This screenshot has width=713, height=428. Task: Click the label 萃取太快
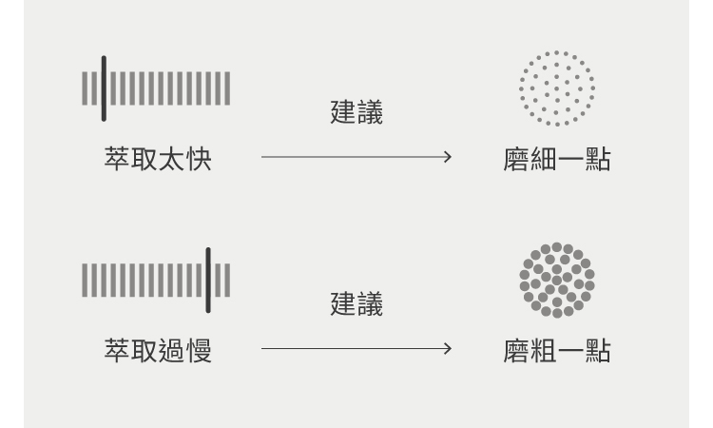(158, 159)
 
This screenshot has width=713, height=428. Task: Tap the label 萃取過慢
(158, 350)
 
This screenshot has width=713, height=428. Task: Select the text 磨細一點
(556, 159)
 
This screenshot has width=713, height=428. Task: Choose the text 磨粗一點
(556, 350)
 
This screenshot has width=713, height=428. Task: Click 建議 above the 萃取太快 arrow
(356, 114)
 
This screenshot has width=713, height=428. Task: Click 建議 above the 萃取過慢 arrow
(356, 305)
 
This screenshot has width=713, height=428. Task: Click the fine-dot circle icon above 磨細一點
(557, 88)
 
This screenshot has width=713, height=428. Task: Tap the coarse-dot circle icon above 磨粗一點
(557, 280)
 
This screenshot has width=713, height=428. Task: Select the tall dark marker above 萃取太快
(104, 88)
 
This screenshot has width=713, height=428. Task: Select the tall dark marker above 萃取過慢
(208, 280)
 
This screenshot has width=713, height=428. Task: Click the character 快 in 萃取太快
(199, 159)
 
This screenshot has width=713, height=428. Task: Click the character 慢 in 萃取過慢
(199, 350)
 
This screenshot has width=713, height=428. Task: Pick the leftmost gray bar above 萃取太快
(85, 88)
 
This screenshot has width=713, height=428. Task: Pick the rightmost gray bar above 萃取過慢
(227, 280)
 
